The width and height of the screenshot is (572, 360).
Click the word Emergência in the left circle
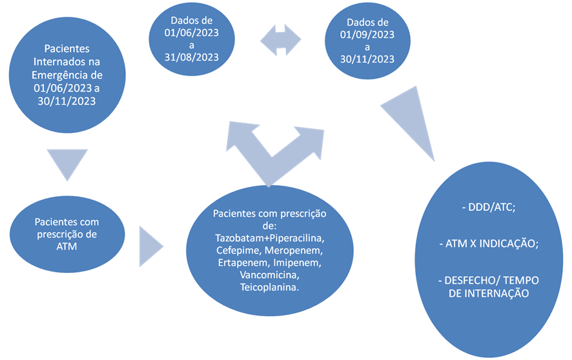[56, 75]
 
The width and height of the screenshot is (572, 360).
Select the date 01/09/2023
[368, 35]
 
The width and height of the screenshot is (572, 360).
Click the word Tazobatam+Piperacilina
[269, 238]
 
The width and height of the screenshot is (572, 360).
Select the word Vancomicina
[270, 275]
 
